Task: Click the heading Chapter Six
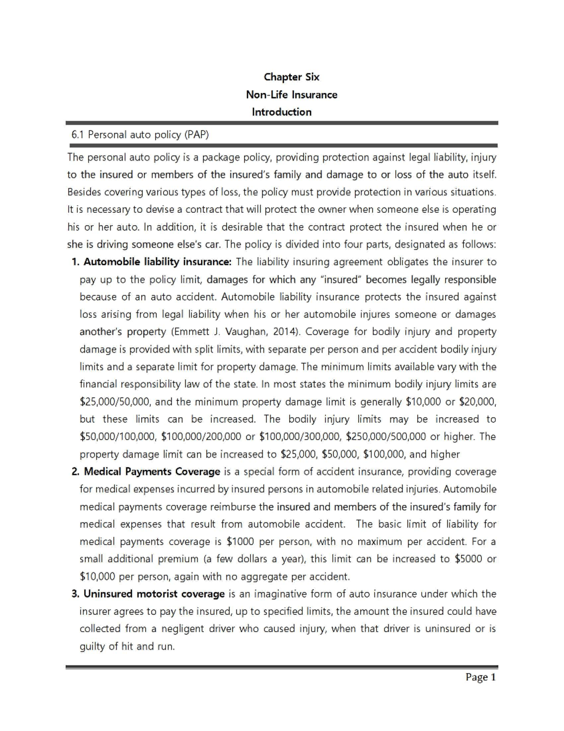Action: [291, 77]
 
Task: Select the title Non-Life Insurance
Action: [291, 95]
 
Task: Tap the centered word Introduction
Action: [282, 112]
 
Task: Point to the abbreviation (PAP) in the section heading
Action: [196, 135]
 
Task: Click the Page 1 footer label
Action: [480, 677]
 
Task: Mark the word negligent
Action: [182, 629]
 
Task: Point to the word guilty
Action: [93, 647]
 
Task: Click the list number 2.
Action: [75, 472]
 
